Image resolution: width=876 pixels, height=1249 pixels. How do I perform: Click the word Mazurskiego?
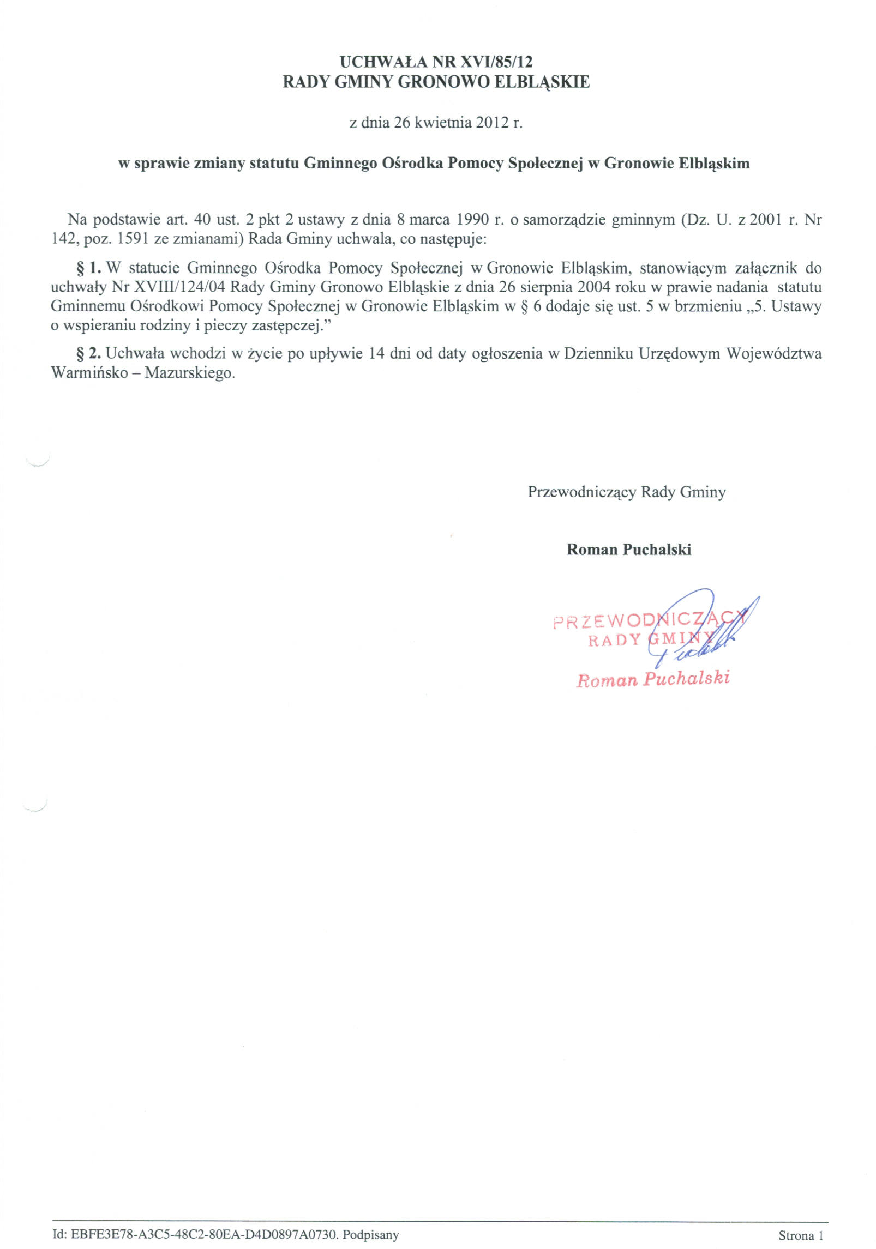pyautogui.click(x=189, y=374)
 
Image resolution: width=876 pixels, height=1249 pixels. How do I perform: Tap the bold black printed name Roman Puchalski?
pyautogui.click(x=628, y=549)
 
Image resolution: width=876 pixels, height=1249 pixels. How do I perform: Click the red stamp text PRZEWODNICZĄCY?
pyautogui.click(x=648, y=622)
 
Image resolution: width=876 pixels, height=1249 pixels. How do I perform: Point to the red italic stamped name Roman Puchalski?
pyautogui.click(x=652, y=679)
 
